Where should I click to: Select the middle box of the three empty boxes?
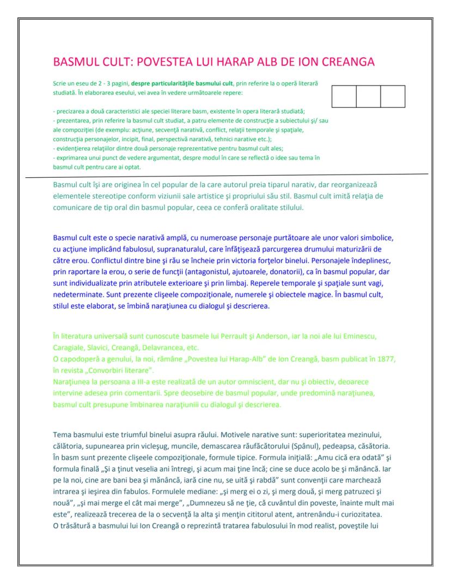click(x=368, y=96)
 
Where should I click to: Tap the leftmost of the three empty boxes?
click(x=344, y=96)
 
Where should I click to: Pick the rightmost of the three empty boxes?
click(x=393, y=96)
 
